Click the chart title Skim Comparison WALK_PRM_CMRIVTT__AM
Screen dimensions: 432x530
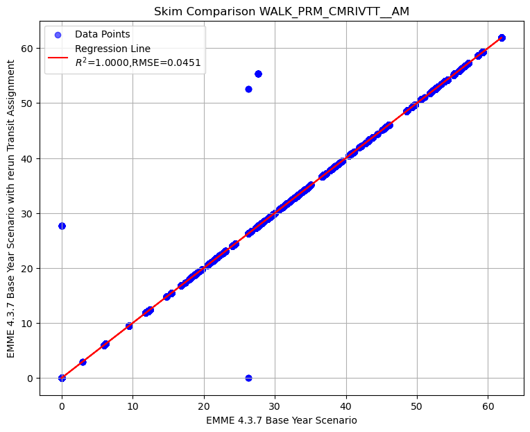282,10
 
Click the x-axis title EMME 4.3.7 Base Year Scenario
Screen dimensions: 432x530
282,420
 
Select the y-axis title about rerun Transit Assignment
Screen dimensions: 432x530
11,208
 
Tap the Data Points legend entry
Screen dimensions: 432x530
102,34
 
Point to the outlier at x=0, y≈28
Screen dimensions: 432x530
62,226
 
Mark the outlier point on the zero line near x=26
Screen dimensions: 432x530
248,378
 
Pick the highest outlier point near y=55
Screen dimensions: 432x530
258,74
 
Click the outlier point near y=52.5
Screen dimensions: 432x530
248,89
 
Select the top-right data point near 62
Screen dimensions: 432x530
502,38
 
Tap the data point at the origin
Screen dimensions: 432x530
62,378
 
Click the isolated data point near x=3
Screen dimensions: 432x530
83,362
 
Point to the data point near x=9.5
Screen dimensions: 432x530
129,326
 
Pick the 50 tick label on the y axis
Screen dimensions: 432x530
26,103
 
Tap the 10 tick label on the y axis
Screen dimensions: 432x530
26,323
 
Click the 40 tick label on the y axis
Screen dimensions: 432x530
26,158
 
